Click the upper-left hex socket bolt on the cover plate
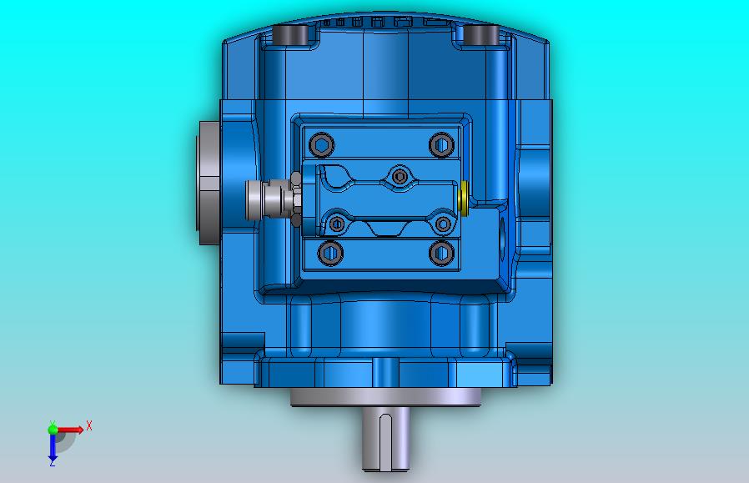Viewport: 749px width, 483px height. click(321, 145)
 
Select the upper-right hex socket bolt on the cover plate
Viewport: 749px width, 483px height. click(441, 145)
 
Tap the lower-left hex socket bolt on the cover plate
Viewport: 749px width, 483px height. click(330, 253)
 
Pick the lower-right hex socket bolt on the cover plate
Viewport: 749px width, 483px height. click(441, 253)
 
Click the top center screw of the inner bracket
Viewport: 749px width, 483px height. click(400, 177)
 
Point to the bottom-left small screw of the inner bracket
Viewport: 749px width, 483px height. click(337, 223)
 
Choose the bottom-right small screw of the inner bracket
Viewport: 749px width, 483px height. click(443, 223)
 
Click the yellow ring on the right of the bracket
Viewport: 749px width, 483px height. click(463, 198)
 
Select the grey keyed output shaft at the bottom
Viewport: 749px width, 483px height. click(385, 438)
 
